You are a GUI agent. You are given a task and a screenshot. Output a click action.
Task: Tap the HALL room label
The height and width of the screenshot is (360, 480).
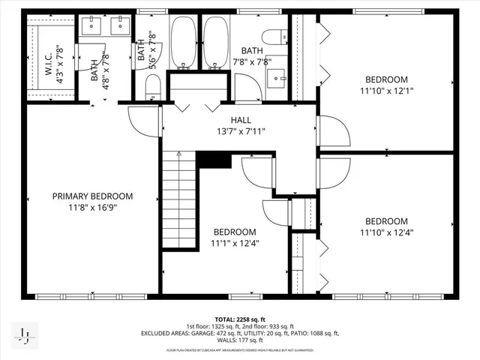pyautogui.click(x=240, y=120)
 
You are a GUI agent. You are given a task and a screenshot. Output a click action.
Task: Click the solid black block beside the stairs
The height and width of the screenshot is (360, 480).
pyautogui.click(x=214, y=160)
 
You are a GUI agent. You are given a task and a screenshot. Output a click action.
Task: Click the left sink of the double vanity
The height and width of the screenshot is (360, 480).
pyautogui.click(x=94, y=27)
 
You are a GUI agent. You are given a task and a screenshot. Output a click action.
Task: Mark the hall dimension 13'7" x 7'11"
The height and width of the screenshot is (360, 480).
pyautogui.click(x=240, y=132)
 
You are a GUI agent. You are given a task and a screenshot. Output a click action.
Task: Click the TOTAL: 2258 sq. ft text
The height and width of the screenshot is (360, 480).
pyautogui.click(x=239, y=319)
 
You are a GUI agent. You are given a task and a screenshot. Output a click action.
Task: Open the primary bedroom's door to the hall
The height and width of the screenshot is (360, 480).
pyautogui.click(x=142, y=120)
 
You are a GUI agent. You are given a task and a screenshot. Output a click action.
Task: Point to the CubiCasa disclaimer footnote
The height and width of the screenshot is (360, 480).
pyautogui.click(x=239, y=350)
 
